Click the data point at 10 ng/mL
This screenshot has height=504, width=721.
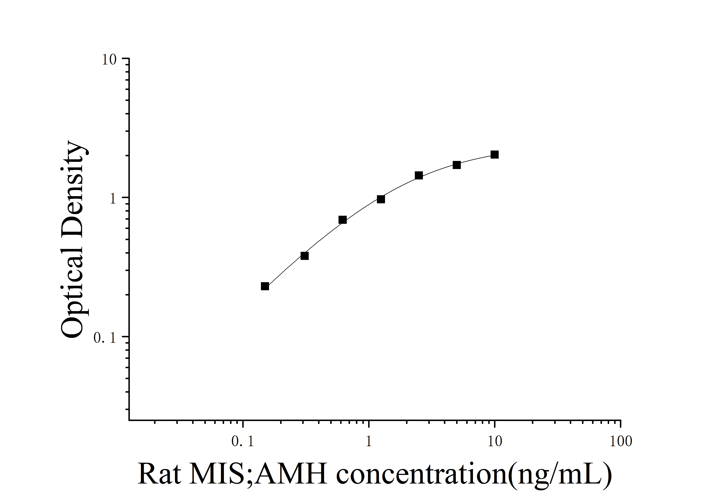[x=495, y=154]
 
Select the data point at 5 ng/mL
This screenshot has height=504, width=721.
[x=457, y=165]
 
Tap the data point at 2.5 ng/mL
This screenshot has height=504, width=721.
[x=419, y=175]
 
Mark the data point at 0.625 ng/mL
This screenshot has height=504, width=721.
[x=343, y=219]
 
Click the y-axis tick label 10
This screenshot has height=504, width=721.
[x=109, y=60]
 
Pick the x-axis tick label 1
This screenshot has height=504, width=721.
[x=369, y=441]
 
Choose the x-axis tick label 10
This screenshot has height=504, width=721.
[x=495, y=441]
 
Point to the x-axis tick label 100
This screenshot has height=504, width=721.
[x=621, y=441]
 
